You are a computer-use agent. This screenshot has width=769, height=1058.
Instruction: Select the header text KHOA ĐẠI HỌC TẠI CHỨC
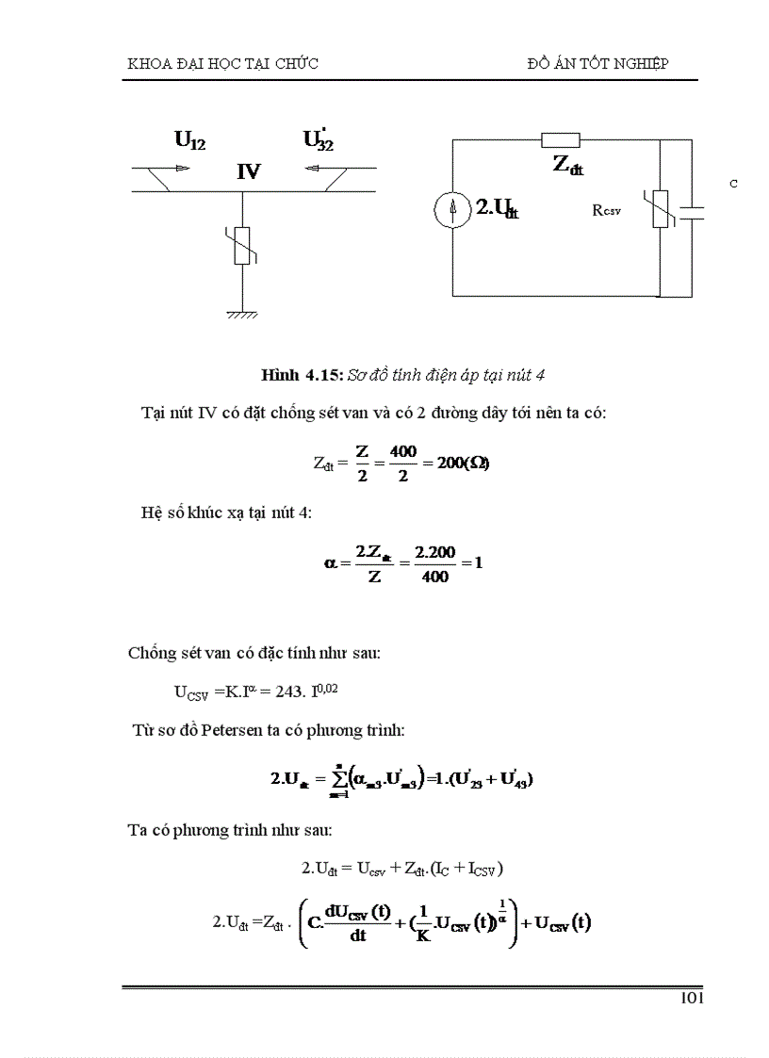[x=222, y=63]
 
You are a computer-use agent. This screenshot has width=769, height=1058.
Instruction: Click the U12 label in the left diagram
[x=189, y=140]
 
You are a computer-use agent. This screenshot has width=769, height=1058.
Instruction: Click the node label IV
[x=249, y=171]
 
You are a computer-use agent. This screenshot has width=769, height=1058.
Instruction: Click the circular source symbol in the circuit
[x=453, y=210]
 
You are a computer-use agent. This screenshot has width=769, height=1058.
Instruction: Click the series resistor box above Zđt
[x=562, y=140]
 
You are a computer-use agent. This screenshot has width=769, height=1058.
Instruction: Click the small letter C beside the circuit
[x=732, y=184]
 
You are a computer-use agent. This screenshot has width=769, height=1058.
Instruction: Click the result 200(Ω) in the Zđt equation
[x=462, y=464]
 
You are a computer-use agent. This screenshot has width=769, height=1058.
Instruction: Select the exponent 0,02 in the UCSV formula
[x=326, y=690]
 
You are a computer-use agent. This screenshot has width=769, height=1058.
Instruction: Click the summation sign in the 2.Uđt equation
[x=336, y=778]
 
